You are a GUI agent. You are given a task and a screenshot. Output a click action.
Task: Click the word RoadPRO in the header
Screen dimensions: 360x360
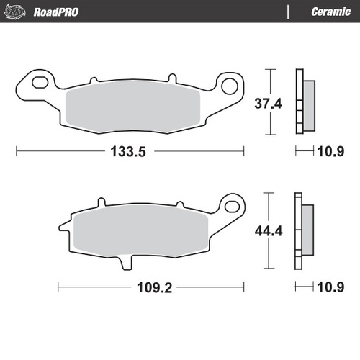tap(56, 12)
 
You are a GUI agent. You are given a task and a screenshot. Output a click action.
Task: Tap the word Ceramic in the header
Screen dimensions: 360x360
tap(330, 12)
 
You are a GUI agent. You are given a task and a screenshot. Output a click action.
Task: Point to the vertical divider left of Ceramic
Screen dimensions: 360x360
tap(288, 12)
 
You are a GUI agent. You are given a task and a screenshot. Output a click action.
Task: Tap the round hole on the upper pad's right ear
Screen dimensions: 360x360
tap(230, 86)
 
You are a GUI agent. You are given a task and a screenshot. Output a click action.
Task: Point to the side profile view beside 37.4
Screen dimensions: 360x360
tap(304, 102)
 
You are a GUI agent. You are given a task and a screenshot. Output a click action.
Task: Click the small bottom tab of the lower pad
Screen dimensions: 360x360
tap(130, 261)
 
